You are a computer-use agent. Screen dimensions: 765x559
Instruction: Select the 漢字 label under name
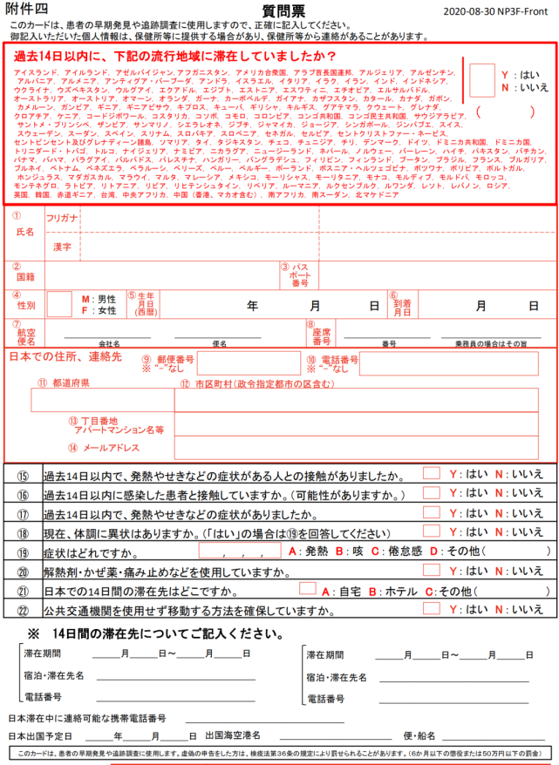coord(62,247)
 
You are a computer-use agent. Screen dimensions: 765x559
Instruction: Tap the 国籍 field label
coord(25,276)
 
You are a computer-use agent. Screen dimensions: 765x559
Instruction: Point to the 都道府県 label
coord(71,382)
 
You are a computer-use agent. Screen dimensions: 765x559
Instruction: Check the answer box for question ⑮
coord(431,474)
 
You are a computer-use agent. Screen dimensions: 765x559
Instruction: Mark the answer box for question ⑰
coord(431,512)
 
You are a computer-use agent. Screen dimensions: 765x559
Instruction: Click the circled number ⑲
coord(23,552)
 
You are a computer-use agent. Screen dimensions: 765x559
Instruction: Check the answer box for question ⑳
coord(431,570)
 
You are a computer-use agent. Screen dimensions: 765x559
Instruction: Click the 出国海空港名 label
coord(234,735)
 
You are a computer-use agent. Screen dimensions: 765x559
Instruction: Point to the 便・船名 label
coord(420,735)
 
